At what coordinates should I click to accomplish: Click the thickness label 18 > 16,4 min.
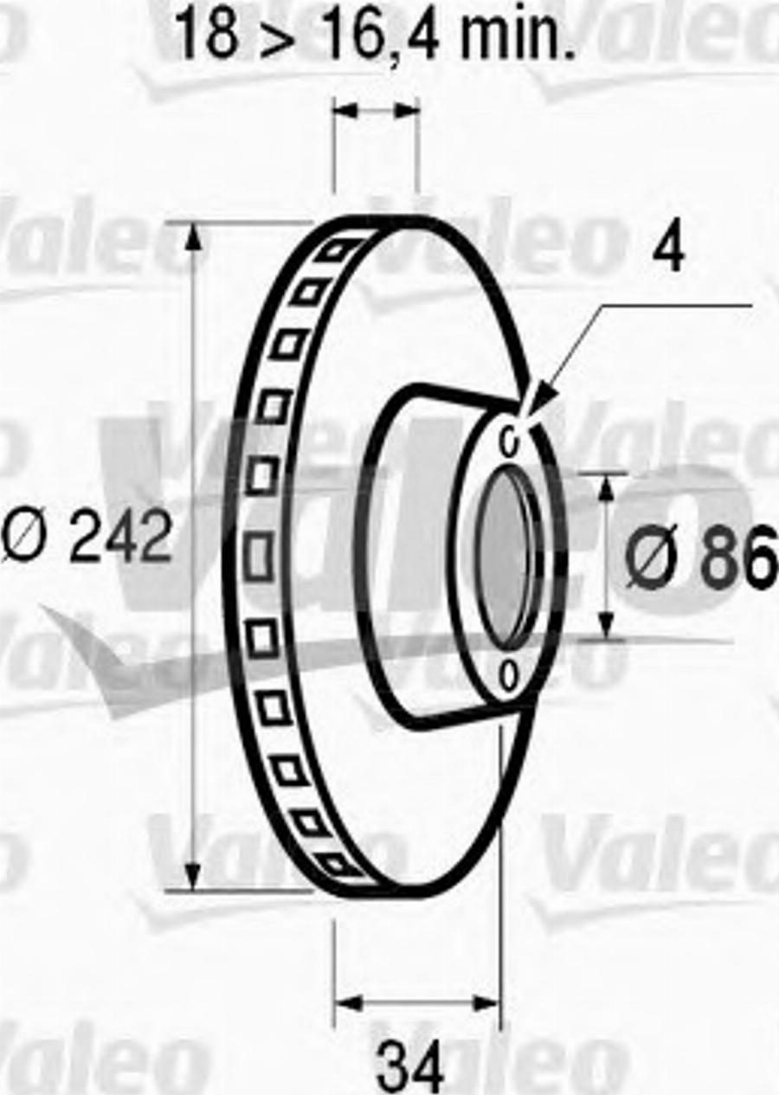click(x=375, y=35)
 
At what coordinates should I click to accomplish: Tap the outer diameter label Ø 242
click(x=87, y=537)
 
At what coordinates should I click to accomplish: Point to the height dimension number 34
click(x=410, y=1066)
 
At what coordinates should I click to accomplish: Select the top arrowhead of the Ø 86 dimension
click(x=606, y=486)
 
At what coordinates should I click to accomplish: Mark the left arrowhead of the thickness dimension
click(x=344, y=110)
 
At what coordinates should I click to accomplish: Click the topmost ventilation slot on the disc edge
click(x=334, y=251)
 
